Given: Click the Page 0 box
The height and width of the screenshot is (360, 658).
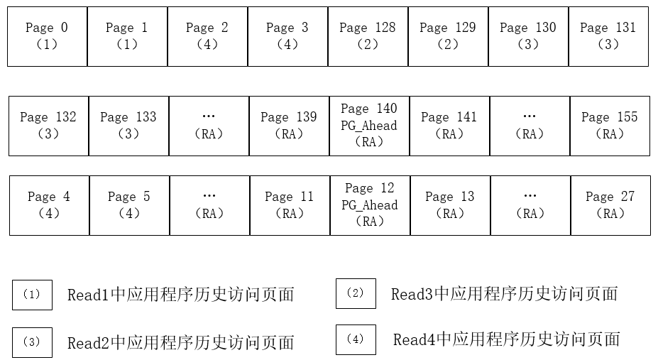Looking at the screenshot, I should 47,36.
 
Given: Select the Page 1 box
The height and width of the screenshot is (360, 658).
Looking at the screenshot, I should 127,36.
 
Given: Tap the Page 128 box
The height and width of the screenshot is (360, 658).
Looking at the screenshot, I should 368,36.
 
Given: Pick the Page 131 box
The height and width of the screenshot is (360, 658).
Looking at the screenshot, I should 608,36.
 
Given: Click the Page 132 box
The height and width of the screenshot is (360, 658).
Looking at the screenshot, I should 48,126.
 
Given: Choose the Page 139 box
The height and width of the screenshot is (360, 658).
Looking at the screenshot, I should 289,126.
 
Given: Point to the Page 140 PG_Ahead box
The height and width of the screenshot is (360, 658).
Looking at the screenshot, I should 369,126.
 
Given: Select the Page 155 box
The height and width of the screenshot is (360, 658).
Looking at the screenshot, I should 610,126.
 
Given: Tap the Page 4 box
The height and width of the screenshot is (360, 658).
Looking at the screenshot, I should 49,205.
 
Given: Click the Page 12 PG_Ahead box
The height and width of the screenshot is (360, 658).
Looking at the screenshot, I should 370,205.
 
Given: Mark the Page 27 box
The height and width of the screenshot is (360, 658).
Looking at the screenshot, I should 610,205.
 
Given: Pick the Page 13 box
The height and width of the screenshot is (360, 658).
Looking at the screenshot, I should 450,205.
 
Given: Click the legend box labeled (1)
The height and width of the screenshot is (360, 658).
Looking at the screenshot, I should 32,295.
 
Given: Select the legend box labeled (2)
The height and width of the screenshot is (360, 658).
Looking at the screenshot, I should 356,293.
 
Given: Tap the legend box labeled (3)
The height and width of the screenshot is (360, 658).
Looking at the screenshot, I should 32,342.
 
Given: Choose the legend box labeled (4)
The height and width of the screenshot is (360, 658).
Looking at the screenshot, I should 356,339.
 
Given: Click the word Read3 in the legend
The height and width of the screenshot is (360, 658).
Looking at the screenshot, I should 412,294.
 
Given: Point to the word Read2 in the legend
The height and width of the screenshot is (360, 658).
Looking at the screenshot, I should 89,343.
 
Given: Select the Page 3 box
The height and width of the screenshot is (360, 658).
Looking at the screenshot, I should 287,36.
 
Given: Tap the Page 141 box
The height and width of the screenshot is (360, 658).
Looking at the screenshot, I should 449,126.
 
